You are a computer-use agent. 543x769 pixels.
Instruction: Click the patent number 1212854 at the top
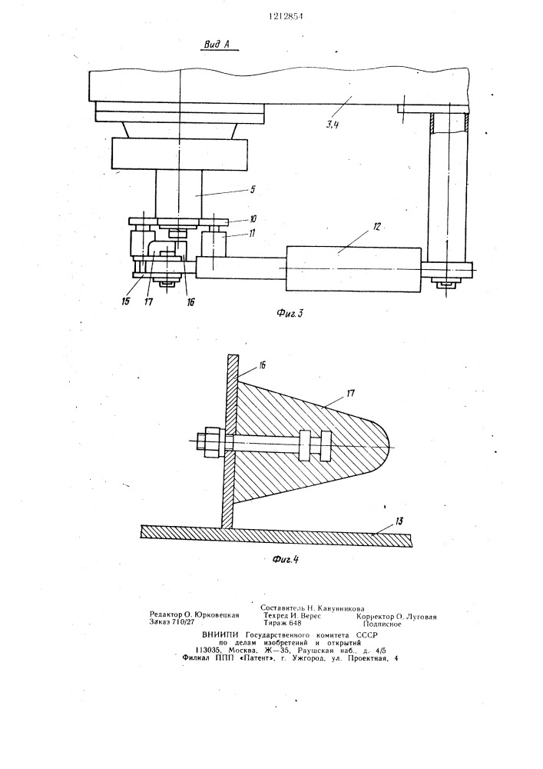[x=286, y=15]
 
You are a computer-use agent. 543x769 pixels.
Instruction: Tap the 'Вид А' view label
[x=217, y=45]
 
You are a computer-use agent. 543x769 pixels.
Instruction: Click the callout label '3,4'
[x=333, y=125]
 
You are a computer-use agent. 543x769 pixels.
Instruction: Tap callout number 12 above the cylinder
[x=376, y=227]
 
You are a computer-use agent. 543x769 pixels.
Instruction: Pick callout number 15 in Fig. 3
[x=126, y=301]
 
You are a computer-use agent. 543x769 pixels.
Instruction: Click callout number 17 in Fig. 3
[x=148, y=301]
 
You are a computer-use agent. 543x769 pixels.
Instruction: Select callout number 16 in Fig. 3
[x=190, y=302]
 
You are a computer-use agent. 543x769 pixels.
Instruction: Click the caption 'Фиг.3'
[x=290, y=313]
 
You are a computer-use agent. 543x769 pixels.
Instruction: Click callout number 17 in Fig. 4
[x=350, y=393]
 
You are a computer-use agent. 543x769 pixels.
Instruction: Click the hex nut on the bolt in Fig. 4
[x=211, y=439]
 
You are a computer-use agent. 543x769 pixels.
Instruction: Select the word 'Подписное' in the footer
[x=382, y=624]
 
